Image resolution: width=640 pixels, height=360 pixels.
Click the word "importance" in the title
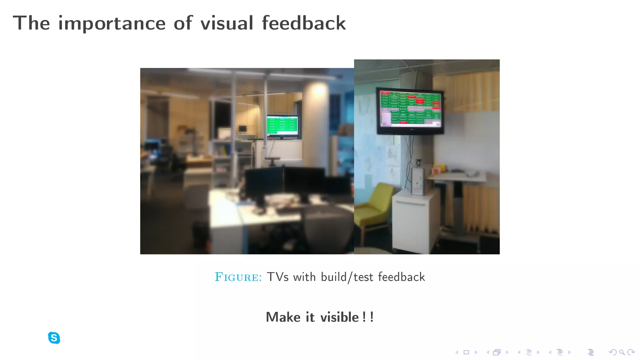112,23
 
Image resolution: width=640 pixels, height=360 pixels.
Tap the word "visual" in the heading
227,23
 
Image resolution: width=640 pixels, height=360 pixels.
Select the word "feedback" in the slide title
303,23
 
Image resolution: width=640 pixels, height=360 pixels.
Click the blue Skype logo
54,338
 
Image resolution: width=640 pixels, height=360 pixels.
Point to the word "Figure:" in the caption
238,277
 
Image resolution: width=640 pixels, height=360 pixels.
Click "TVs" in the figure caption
277,277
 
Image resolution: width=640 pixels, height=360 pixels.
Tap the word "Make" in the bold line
283,317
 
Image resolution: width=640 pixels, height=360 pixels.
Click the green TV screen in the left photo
282,126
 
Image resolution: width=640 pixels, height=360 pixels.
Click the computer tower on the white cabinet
417,181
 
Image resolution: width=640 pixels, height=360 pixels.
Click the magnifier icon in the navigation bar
622,352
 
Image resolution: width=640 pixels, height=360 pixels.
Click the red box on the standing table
436,170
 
